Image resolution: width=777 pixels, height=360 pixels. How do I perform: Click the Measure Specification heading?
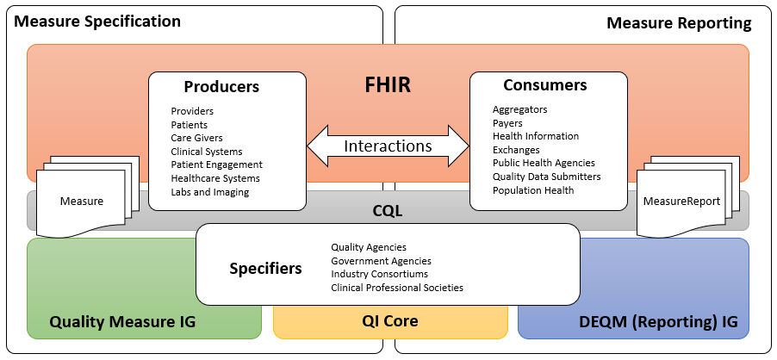pyautogui.click(x=98, y=22)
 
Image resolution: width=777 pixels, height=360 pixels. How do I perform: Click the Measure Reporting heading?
pyautogui.click(x=679, y=22)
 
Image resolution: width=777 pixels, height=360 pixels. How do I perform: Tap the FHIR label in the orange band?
pyautogui.click(x=388, y=86)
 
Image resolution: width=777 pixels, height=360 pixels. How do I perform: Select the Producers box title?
pyautogui.click(x=221, y=87)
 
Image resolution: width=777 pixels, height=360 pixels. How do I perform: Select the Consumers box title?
pyautogui.click(x=544, y=85)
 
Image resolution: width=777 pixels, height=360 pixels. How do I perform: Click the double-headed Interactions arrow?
pyautogui.click(x=388, y=146)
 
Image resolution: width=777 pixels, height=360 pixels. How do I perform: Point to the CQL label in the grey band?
pyautogui.click(x=388, y=210)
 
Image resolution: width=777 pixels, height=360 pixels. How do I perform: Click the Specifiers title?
pyautogui.click(x=265, y=269)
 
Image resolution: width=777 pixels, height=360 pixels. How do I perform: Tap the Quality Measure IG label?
pyautogui.click(x=122, y=321)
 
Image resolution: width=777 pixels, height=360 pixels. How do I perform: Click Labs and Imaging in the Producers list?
pyautogui.click(x=209, y=192)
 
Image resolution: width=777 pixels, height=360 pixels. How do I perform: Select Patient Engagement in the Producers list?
pyautogui.click(x=216, y=164)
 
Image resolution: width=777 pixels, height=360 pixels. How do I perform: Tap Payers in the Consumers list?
pyautogui.click(x=507, y=123)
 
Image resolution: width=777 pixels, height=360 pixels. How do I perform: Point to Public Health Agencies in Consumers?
pyautogui.click(x=544, y=163)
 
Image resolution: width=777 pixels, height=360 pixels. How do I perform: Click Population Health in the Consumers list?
pyautogui.click(x=533, y=190)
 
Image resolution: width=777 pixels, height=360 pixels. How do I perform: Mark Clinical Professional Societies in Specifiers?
pyautogui.click(x=397, y=288)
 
